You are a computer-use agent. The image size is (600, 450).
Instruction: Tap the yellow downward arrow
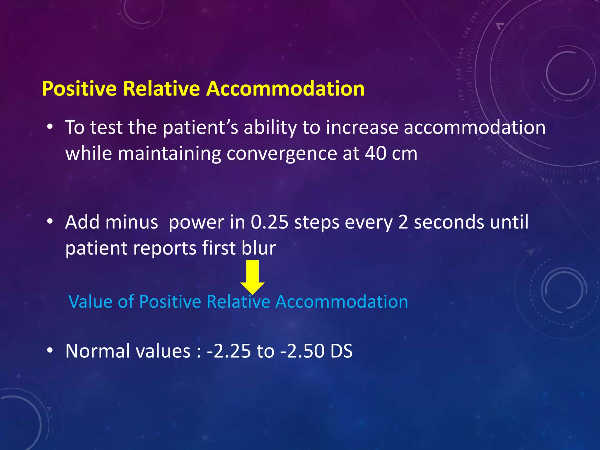[x=253, y=277]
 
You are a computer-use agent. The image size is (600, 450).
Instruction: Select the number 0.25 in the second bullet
[x=270, y=222]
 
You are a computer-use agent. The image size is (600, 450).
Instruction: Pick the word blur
[x=259, y=248]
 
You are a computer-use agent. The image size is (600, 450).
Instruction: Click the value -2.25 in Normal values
[x=229, y=351]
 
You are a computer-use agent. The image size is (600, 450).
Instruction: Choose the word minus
[x=132, y=222]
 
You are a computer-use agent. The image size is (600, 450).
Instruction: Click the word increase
[x=362, y=128]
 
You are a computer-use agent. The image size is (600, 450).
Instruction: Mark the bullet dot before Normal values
[x=50, y=350]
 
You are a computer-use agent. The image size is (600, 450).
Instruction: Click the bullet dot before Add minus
[x=50, y=221]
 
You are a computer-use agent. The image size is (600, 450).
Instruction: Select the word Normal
[x=98, y=351]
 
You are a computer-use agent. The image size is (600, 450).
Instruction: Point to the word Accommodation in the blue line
[x=342, y=301]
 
